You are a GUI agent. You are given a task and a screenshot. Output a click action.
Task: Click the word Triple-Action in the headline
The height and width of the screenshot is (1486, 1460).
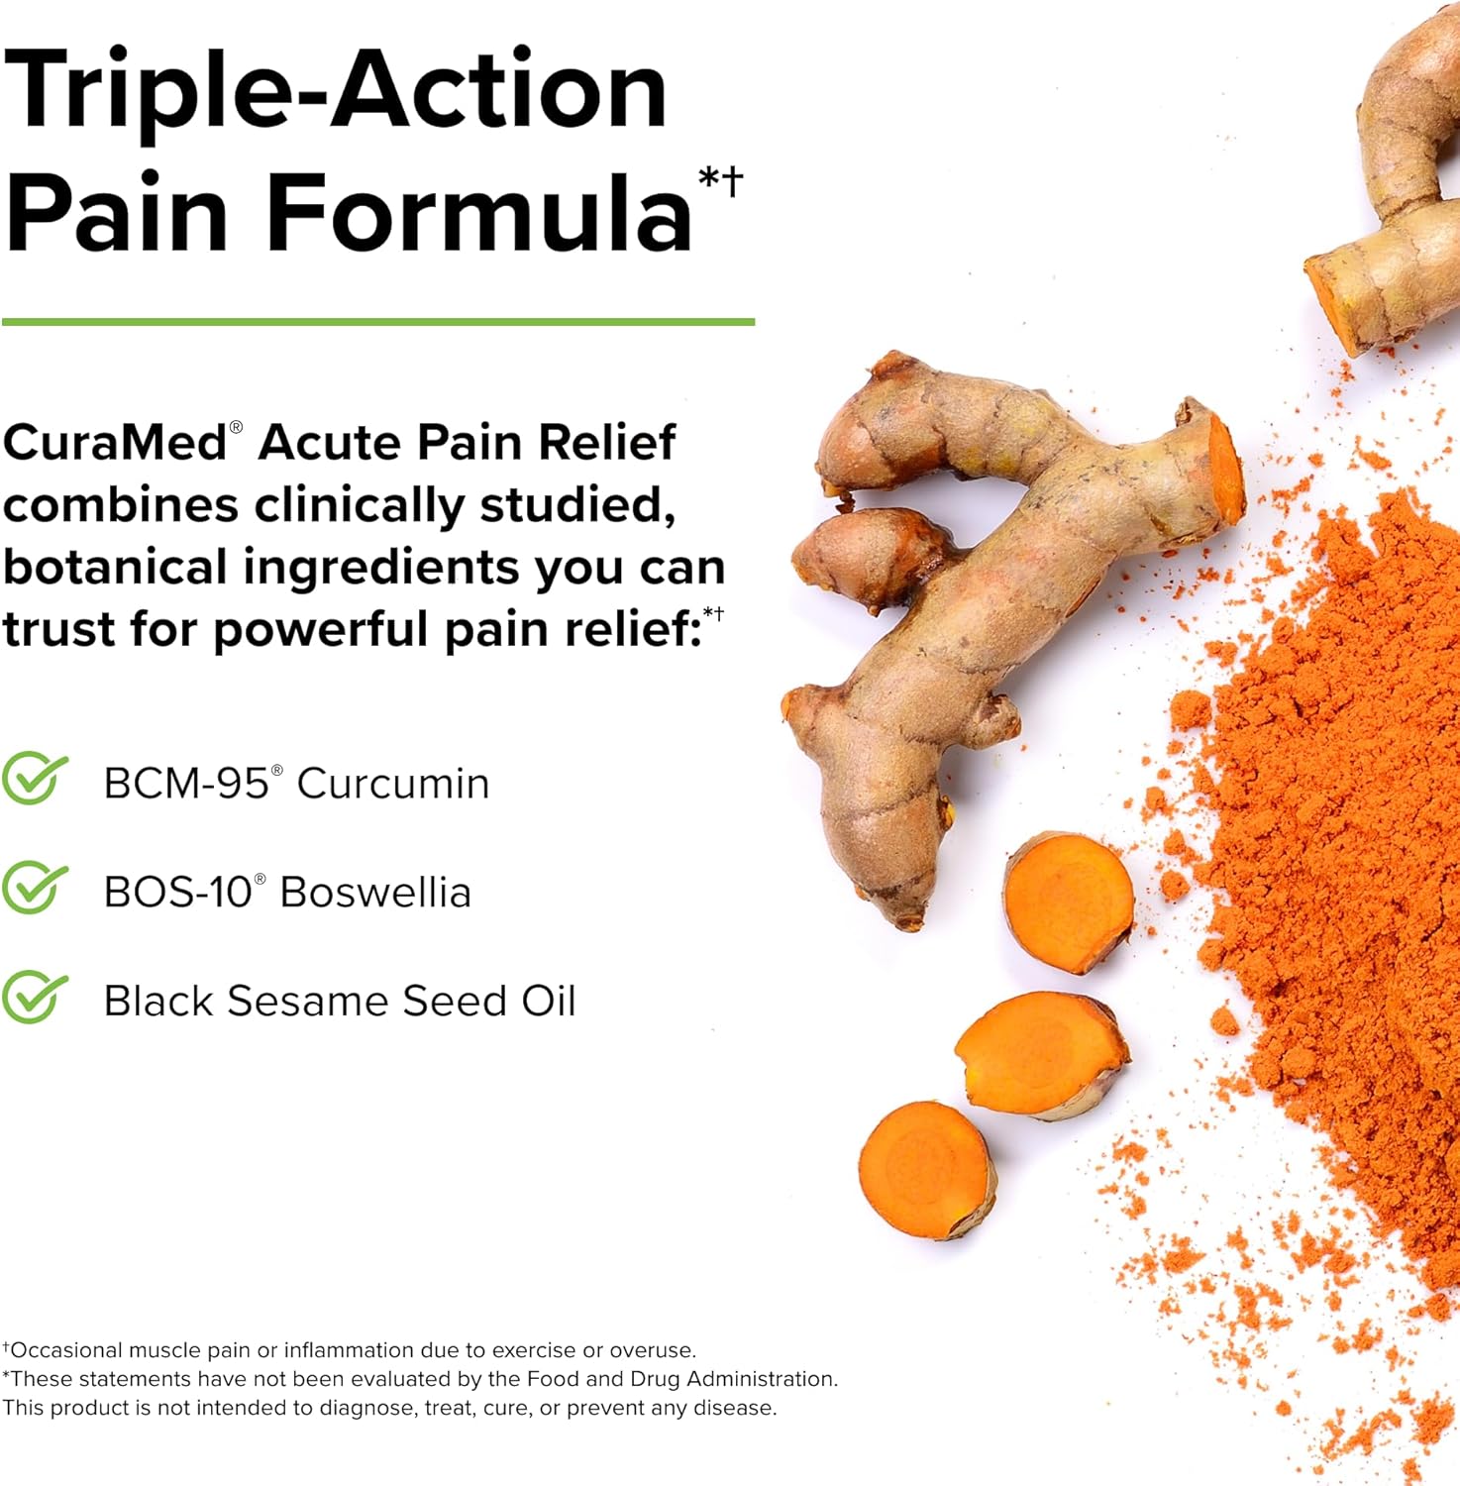coord(335,91)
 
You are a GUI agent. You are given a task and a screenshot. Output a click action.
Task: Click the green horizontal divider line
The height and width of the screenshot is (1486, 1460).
coord(378,322)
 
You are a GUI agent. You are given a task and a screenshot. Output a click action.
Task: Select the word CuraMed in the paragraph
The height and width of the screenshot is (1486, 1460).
coord(115,442)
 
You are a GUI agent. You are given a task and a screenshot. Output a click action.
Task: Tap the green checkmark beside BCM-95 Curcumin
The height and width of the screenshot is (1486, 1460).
coord(35,779)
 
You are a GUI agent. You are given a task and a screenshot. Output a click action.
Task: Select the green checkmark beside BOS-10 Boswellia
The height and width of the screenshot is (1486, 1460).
coord(35,888)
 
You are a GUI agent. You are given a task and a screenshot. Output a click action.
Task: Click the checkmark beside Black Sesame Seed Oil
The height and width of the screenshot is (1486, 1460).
coord(35,997)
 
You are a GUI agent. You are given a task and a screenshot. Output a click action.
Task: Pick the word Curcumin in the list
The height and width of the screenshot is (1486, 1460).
coord(393,784)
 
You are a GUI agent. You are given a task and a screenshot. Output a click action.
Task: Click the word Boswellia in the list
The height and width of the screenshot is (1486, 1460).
coord(375,893)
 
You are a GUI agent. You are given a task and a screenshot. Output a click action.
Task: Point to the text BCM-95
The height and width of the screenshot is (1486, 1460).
coord(186,784)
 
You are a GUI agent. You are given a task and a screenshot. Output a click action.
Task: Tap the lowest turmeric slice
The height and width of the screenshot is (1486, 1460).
coord(925,1169)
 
